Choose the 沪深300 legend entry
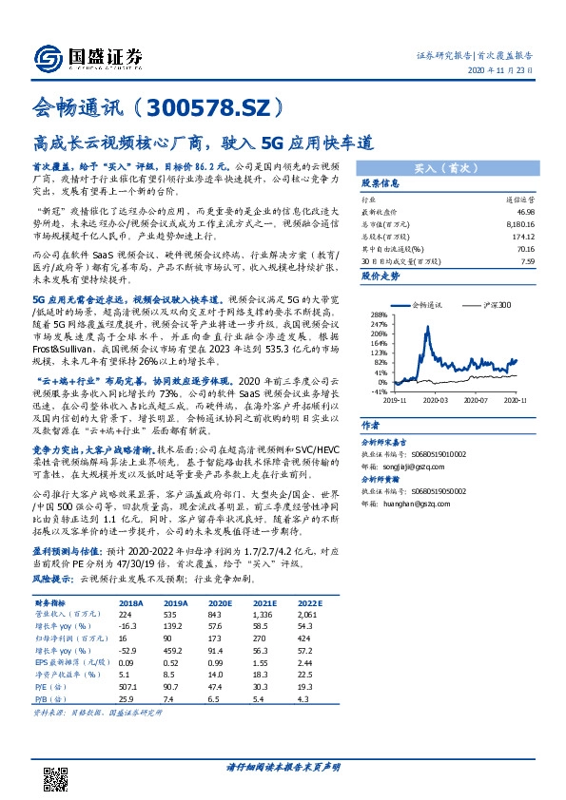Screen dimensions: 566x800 pos(492,305)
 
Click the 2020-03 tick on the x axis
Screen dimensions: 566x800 pos(435,401)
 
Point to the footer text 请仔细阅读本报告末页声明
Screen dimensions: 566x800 pos(283,767)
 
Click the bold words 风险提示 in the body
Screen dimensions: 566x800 pos(53,578)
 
